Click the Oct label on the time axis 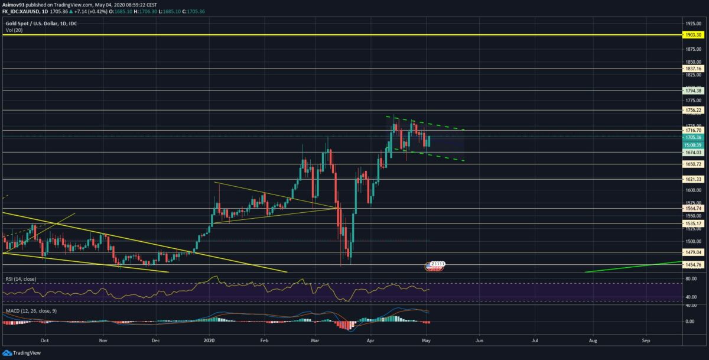[x=45, y=341]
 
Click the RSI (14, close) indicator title [x=20, y=278]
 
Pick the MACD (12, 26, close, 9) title [x=28, y=309]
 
